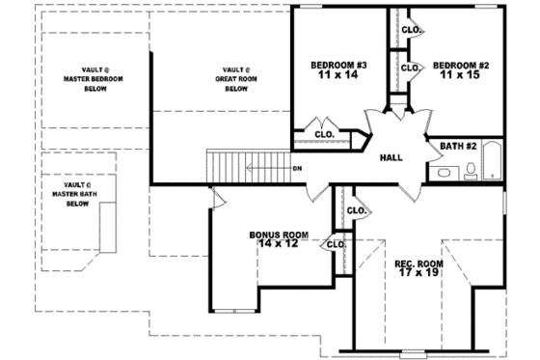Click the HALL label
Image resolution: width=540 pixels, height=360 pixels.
[x=391, y=158]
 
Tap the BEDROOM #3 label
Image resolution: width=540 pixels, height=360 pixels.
[x=338, y=66]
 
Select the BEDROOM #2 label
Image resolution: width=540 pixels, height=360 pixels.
[x=461, y=66]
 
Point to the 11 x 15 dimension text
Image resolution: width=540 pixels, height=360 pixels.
[x=461, y=77]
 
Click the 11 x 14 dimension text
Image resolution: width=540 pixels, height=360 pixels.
[x=338, y=77]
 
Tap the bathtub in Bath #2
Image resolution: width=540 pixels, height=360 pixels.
[x=493, y=161]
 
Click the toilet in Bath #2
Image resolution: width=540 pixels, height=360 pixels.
[x=470, y=171]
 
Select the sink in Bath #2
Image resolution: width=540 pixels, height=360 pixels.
[x=443, y=173]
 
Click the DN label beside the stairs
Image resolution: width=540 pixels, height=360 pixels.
[x=297, y=168]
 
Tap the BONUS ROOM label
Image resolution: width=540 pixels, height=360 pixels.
[x=278, y=235]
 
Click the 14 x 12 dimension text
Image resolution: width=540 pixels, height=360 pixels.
[x=278, y=245]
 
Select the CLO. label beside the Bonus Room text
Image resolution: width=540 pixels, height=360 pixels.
[x=337, y=244]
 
